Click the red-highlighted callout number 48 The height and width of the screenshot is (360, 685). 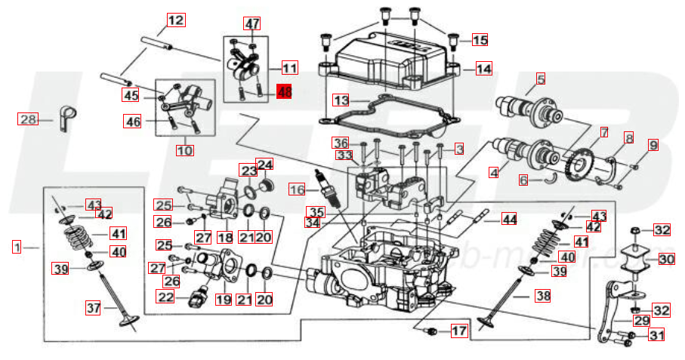284,93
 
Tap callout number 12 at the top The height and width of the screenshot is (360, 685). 175,20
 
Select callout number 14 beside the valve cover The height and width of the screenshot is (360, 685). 483,69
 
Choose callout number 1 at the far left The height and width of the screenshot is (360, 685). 17,246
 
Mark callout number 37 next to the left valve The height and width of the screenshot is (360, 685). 93,308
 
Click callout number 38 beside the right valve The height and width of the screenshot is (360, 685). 543,296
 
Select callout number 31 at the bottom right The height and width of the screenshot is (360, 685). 657,335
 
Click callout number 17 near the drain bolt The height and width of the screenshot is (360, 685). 458,331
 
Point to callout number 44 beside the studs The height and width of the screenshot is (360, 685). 510,220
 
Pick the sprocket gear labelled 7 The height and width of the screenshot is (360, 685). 582,162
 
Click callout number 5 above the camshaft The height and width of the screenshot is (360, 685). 541,78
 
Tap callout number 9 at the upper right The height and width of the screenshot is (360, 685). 653,143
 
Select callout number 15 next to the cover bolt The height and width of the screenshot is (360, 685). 480,39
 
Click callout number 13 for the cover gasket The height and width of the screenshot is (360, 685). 341,100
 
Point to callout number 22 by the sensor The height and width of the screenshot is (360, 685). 165,297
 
